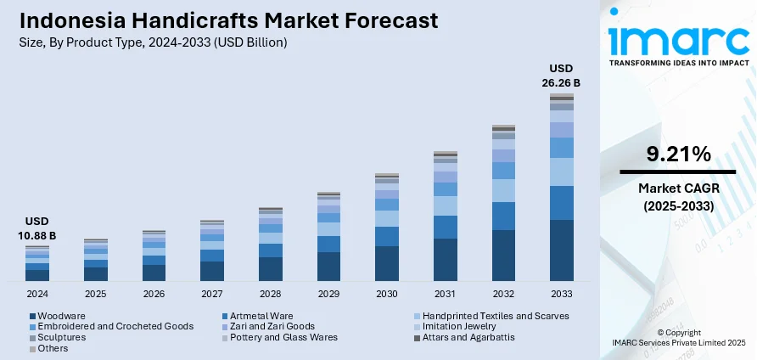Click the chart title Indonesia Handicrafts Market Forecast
pyautogui.click(x=227, y=20)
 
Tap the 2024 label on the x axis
pyautogui.click(x=37, y=294)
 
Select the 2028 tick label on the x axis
pyautogui.click(x=270, y=294)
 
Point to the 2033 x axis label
pyautogui.click(x=562, y=294)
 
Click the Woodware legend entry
pyautogui.click(x=56, y=315)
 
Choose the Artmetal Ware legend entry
pyautogui.click(x=256, y=315)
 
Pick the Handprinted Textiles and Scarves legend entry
pyautogui.click(x=492, y=315)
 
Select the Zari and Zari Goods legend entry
pyautogui.click(x=272, y=326)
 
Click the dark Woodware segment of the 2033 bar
pyautogui.click(x=562, y=250)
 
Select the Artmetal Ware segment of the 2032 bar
pyautogui.click(x=503, y=216)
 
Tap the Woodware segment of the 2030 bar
pyautogui.click(x=387, y=263)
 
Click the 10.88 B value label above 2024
pyautogui.click(x=36, y=228)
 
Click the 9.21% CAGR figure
pyautogui.click(x=678, y=155)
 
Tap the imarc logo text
pyautogui.click(x=679, y=40)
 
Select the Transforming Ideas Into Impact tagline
pyautogui.click(x=679, y=63)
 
